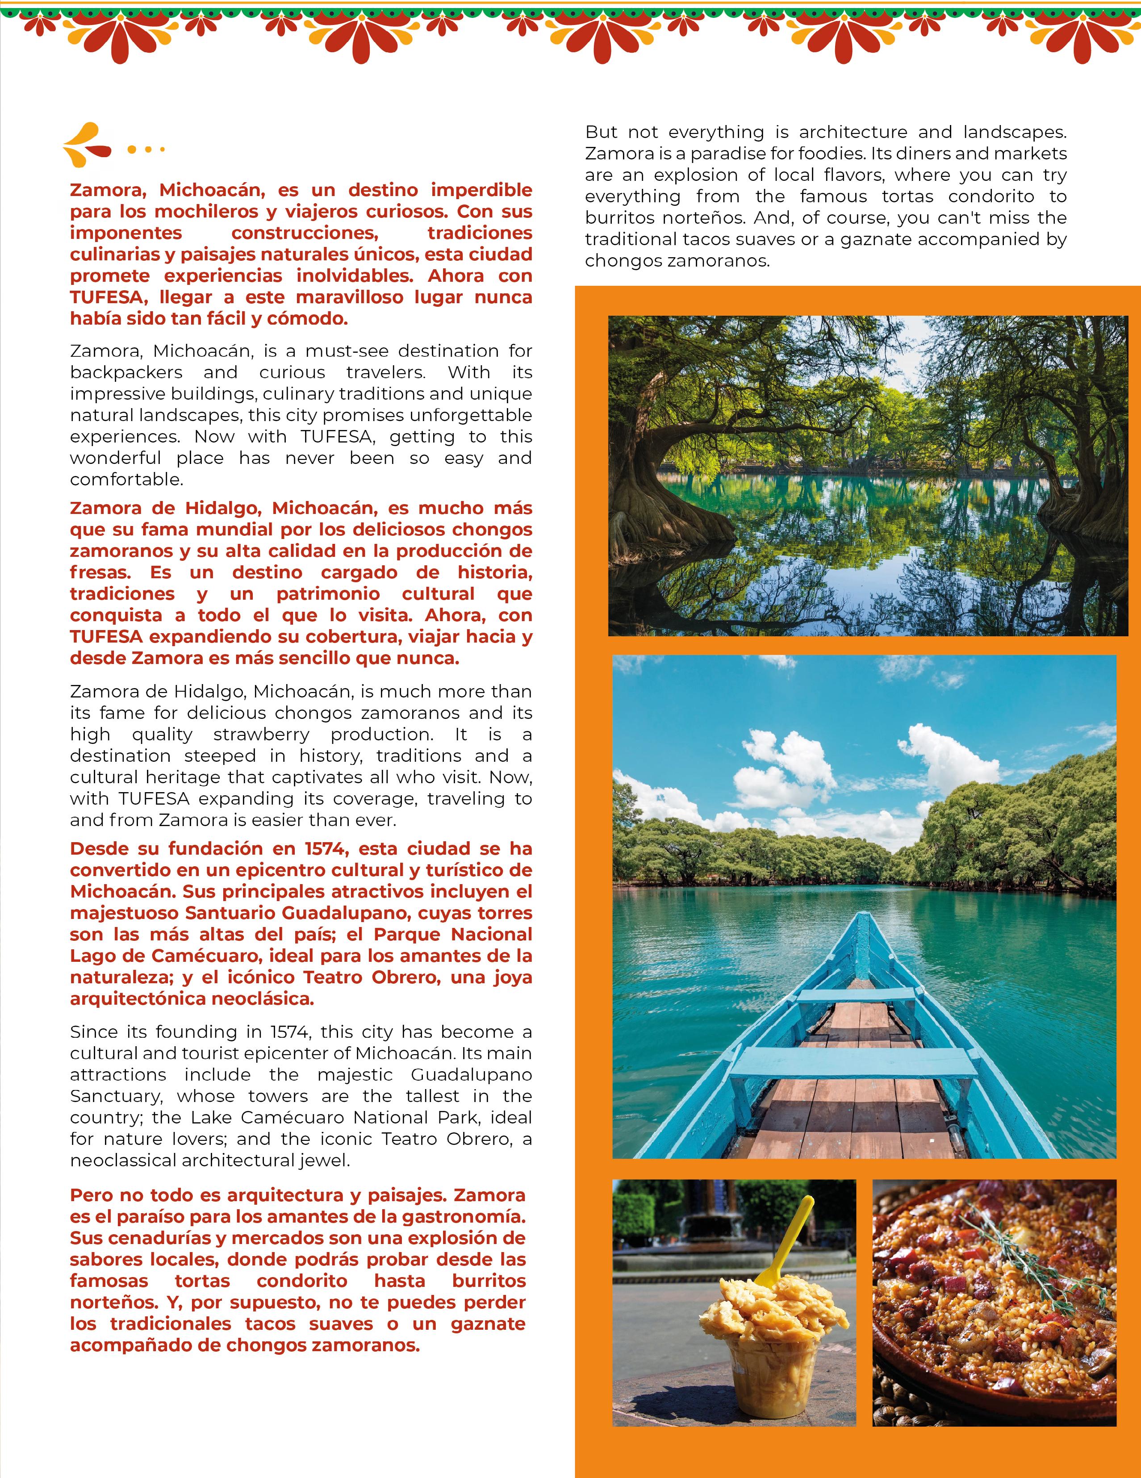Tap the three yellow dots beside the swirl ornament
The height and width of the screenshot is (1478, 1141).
(x=146, y=149)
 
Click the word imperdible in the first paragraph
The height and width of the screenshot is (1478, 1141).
(x=481, y=190)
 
